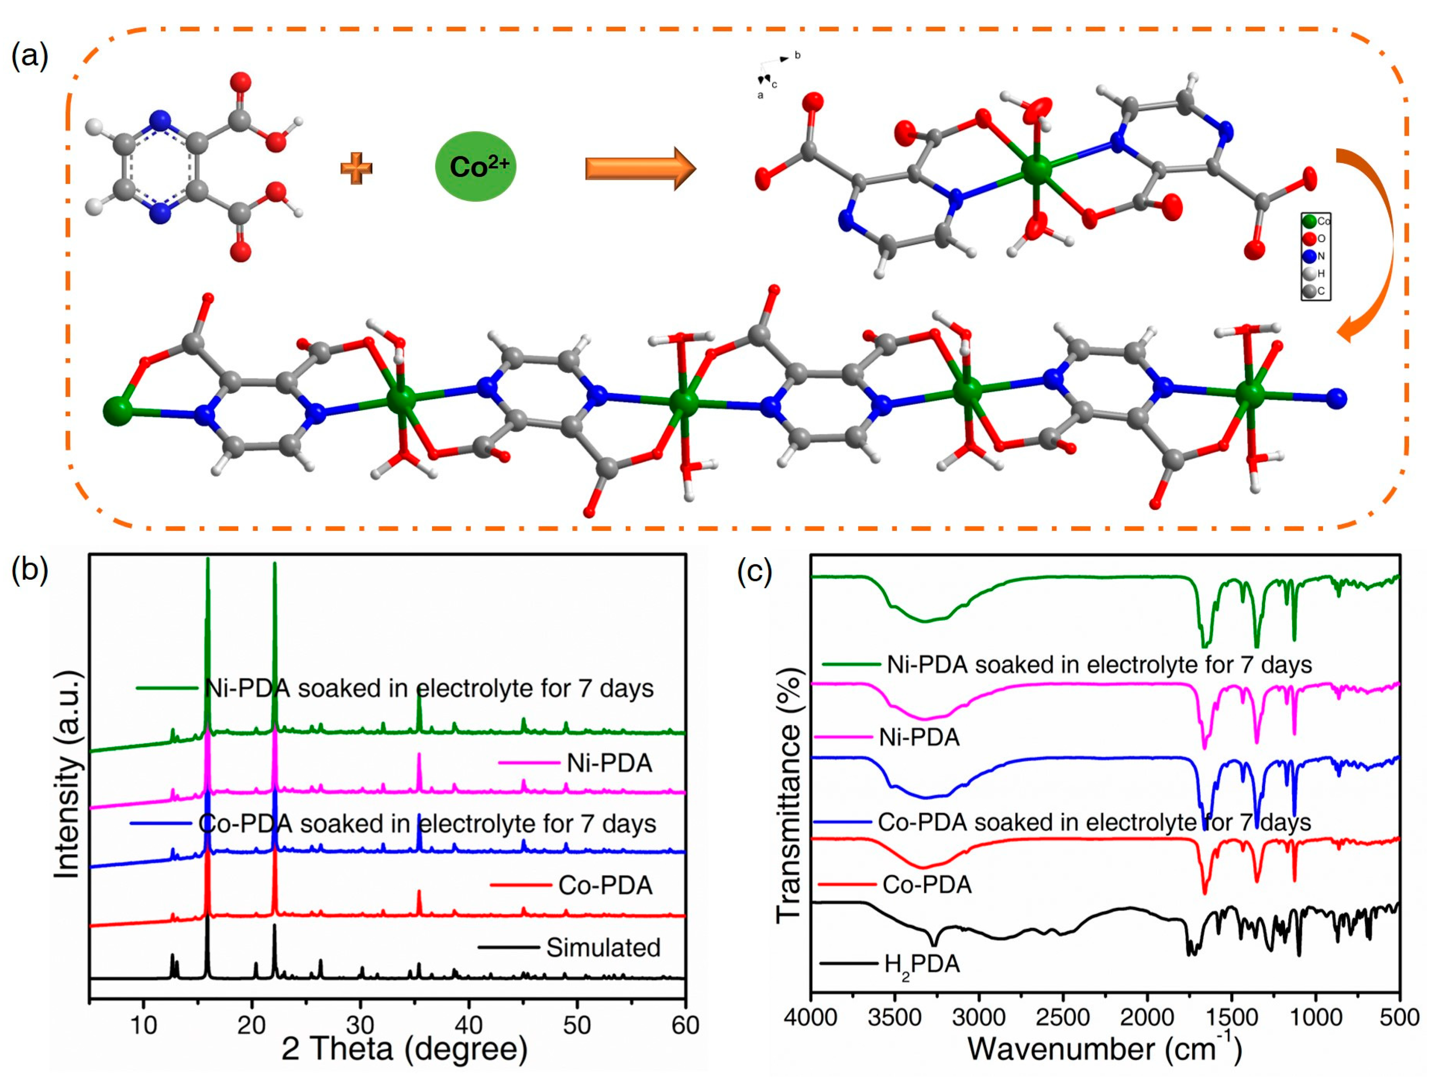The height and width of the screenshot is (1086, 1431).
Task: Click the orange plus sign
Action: (x=357, y=168)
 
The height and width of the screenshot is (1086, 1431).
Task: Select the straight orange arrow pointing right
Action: (x=640, y=168)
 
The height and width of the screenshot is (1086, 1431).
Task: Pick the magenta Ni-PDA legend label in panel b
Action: (x=609, y=764)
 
